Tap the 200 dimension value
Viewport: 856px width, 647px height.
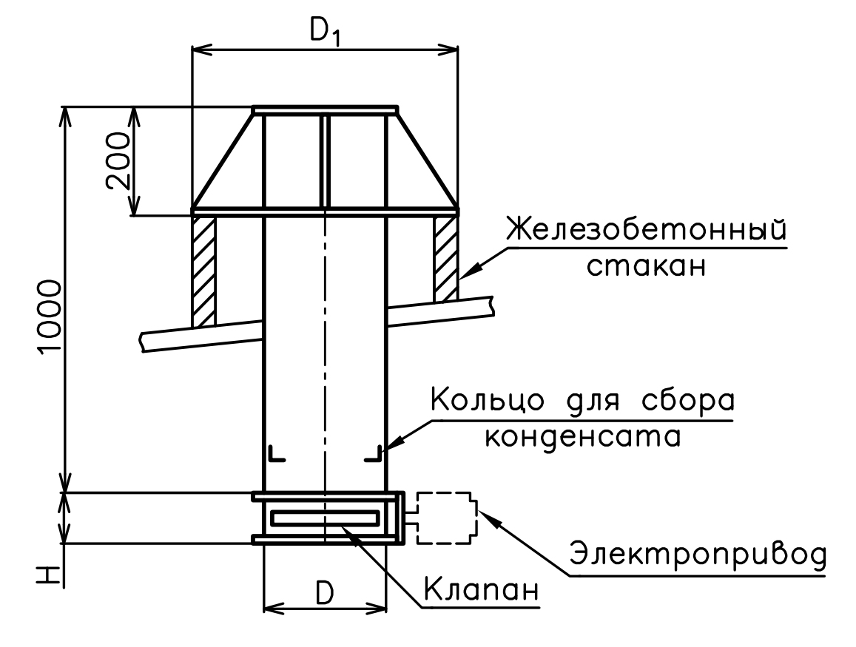(x=119, y=161)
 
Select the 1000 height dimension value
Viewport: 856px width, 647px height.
(x=50, y=316)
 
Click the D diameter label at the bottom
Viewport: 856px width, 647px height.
(x=325, y=593)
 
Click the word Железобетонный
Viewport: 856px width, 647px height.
(x=647, y=230)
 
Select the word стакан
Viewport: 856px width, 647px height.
(x=647, y=267)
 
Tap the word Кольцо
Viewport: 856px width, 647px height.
(x=487, y=401)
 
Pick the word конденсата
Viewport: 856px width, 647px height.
(x=583, y=436)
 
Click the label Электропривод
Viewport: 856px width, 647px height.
(x=698, y=555)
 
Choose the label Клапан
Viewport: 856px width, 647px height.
(x=482, y=590)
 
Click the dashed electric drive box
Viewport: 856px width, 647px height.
(x=447, y=518)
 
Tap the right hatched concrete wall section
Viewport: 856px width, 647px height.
(x=446, y=258)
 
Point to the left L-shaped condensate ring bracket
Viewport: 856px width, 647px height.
(x=277, y=453)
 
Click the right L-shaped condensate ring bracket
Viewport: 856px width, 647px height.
(x=373, y=453)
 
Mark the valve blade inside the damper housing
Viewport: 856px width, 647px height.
(x=325, y=518)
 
